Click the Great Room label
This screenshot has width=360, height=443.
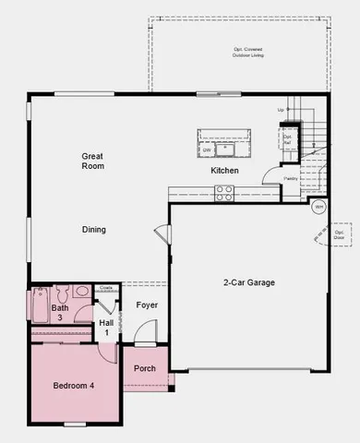tap(92, 162)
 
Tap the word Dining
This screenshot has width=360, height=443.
tap(94, 230)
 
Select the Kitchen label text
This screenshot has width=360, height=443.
tap(224, 171)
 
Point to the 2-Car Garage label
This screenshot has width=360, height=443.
tap(249, 283)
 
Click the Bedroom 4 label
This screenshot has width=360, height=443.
tap(73, 385)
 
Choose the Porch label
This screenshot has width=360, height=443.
tap(145, 368)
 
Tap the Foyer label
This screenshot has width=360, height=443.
tap(147, 305)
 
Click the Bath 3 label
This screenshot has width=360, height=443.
tap(60, 313)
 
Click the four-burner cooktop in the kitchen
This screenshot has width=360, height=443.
tap(224, 193)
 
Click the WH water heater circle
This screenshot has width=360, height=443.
tap(318, 206)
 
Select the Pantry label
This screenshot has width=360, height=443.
tap(291, 179)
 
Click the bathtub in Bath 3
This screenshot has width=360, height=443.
tap(40, 304)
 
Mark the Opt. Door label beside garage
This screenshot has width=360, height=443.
tap(340, 234)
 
